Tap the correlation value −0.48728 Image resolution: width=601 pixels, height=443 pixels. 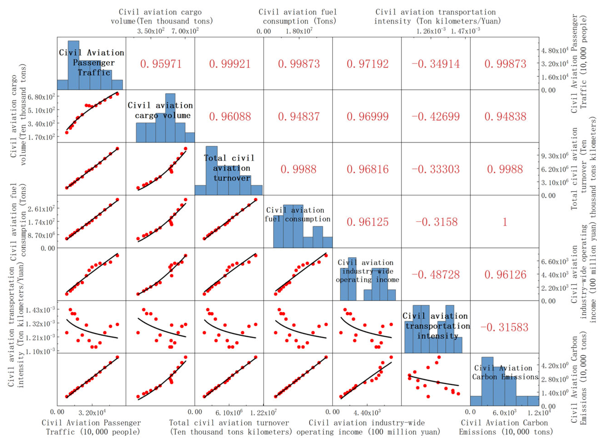click(436, 274)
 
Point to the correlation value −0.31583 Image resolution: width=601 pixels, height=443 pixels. click(504, 327)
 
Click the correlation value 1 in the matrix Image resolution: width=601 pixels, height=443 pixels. click(505, 222)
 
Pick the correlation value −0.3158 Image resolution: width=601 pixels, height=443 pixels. click(436, 222)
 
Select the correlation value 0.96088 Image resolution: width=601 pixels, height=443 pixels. click(230, 116)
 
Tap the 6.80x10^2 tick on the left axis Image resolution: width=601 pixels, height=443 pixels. click(41, 97)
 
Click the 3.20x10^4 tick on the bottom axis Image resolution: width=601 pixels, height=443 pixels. click(92, 412)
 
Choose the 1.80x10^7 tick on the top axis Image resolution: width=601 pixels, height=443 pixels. click(299, 31)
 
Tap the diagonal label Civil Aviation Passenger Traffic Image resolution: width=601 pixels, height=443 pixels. click(92, 63)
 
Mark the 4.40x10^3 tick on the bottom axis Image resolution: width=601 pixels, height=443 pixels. click(367, 412)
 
